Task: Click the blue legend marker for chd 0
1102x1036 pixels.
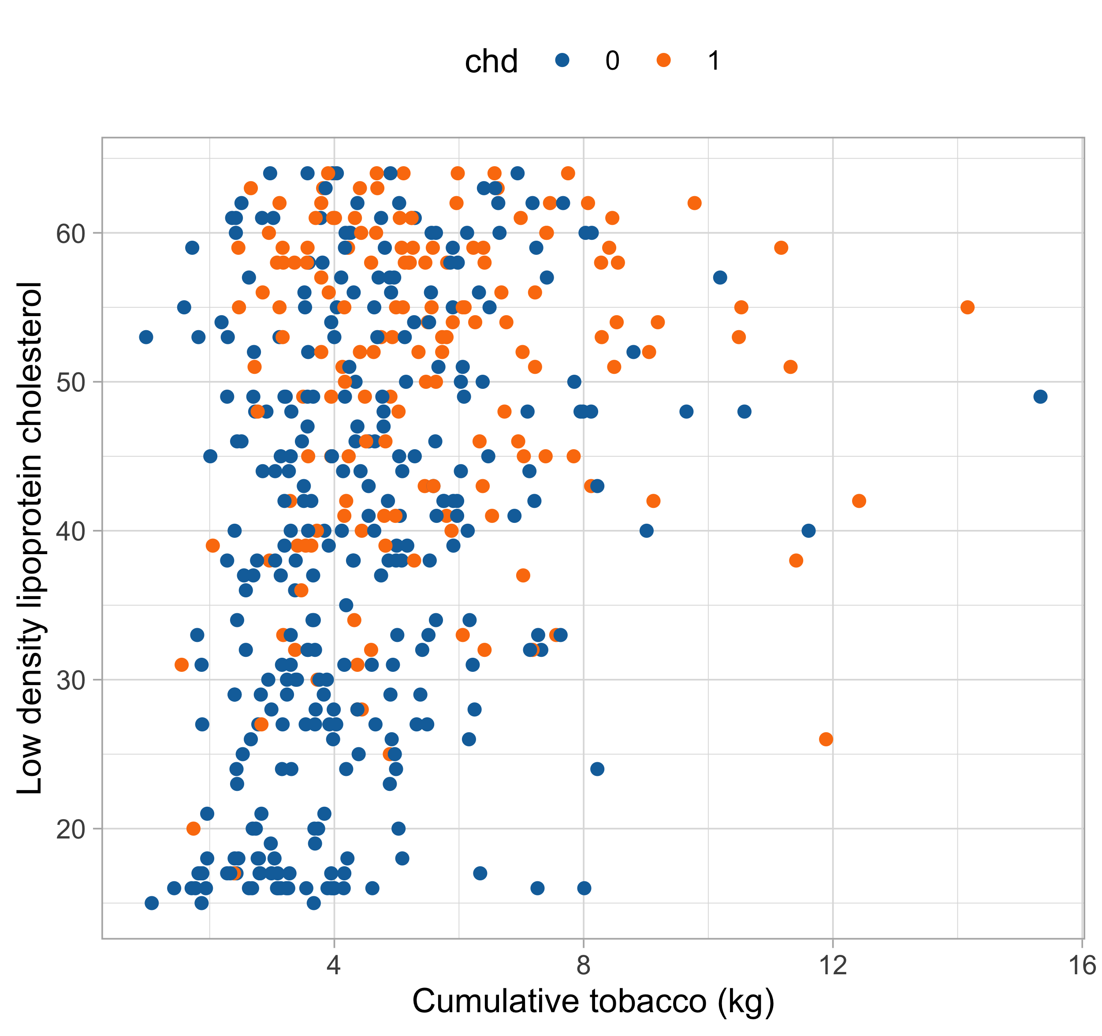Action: [562, 60]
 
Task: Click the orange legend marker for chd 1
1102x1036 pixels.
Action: [663, 60]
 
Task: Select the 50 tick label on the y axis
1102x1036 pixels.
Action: [71, 383]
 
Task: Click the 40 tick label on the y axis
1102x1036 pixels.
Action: [71, 532]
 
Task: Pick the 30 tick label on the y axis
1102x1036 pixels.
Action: [71, 680]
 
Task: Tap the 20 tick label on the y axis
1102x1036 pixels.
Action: [71, 829]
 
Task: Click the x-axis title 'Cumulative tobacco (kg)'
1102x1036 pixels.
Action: [593, 1001]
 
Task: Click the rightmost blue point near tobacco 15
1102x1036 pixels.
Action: [1040, 396]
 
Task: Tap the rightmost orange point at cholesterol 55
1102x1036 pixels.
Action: [967, 307]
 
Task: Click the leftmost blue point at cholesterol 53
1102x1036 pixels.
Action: [146, 337]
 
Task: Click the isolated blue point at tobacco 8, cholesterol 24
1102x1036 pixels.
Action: [597, 769]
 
